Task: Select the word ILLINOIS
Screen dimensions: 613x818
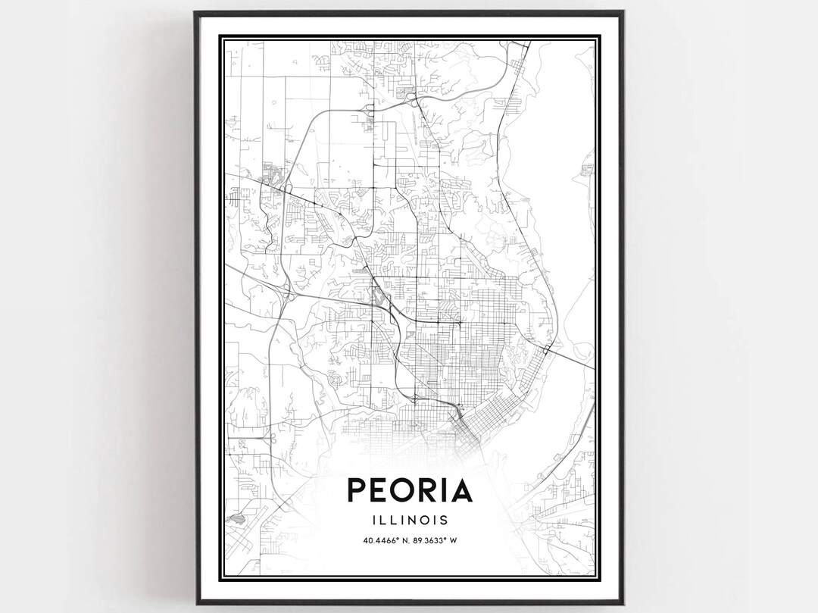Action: click(x=409, y=520)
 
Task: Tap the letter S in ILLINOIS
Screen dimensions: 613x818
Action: click(x=443, y=520)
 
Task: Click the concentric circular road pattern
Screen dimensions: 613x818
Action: click(x=334, y=376)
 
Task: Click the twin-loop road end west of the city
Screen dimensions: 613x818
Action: click(x=267, y=436)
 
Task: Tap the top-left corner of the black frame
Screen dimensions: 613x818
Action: click(x=195, y=13)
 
